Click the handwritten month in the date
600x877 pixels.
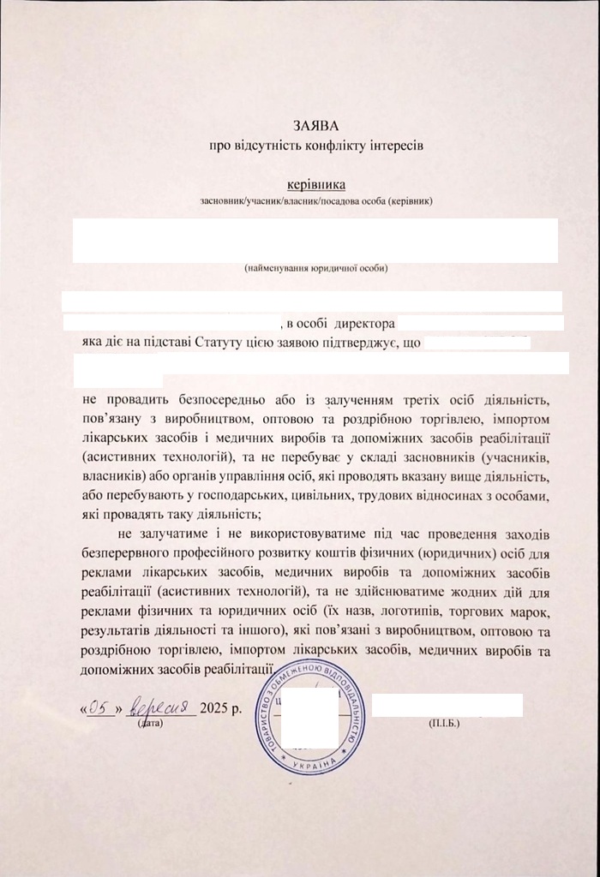coord(165,707)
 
